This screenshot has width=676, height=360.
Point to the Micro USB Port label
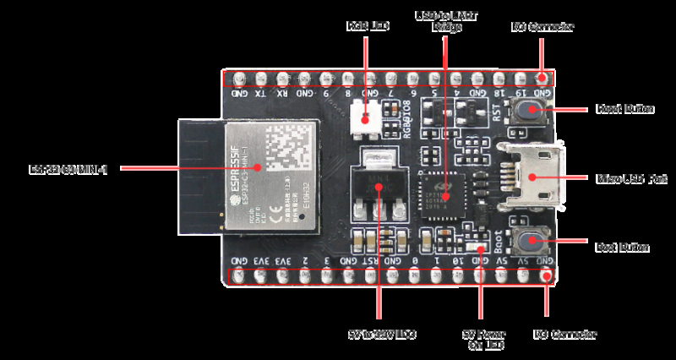click(x=632, y=179)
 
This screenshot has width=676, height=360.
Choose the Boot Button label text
click(x=622, y=248)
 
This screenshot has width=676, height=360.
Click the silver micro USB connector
click(x=532, y=178)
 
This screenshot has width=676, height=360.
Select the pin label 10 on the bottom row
click(x=457, y=260)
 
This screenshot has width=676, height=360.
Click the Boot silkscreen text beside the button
click(x=499, y=244)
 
